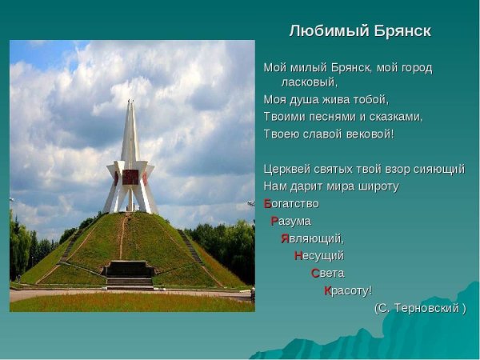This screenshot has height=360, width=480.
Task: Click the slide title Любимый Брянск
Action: pos(360,31)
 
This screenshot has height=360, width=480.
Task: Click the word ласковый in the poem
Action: pos(310,82)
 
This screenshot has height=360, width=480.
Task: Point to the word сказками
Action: pos(398,117)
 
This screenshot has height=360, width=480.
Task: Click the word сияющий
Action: pos(436,169)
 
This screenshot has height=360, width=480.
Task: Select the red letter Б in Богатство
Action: pos(268,203)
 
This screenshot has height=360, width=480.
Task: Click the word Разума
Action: pos(291,221)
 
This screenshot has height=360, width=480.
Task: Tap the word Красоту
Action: pos(348,290)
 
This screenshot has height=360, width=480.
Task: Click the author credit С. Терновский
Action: pos(419,308)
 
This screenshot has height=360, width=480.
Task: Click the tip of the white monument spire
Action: pos(129,102)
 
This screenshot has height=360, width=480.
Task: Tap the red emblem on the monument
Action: pos(130,177)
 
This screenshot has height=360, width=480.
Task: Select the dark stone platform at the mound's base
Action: pos(130,273)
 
